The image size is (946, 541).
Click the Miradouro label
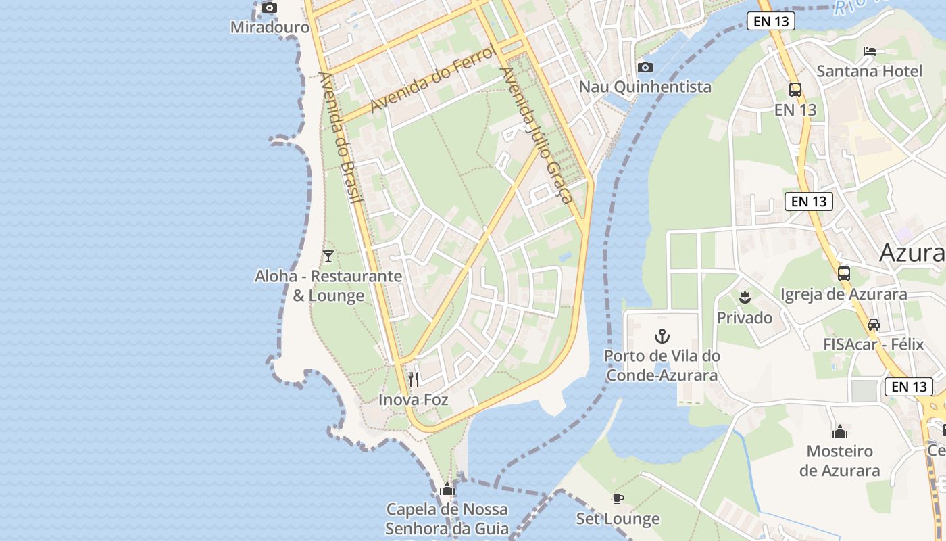tap(270, 28)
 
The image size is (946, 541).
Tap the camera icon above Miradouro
tap(270, 7)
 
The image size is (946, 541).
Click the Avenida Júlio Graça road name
tap(537, 135)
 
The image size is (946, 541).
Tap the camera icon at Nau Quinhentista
tap(645, 67)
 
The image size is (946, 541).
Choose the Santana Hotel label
tap(869, 71)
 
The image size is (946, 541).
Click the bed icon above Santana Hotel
tap(870, 51)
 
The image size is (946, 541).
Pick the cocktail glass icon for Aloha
tap(328, 256)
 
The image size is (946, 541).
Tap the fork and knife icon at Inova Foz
tap(414, 379)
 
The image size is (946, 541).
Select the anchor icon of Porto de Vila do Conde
tap(662, 335)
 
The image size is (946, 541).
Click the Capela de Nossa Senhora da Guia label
tap(447, 519)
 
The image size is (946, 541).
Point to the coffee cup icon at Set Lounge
tap(618, 499)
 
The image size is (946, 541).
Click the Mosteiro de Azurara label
tap(840, 461)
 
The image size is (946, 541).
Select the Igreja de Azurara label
tap(843, 295)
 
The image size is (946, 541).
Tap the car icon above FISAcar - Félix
tap(874, 325)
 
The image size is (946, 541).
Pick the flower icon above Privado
tap(745, 296)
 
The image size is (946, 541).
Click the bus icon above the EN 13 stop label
tap(795, 89)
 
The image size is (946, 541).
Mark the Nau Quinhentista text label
tap(645, 87)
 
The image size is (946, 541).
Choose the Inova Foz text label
tap(413, 400)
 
